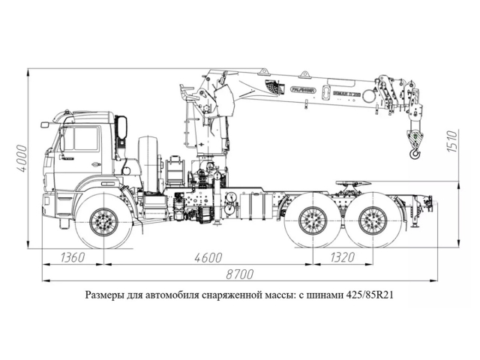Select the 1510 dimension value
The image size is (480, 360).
pos(452,140)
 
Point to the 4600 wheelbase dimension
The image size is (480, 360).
pos(208,258)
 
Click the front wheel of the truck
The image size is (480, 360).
pos(103,222)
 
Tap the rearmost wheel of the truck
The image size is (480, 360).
pos(372,221)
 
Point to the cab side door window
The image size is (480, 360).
pos(82,139)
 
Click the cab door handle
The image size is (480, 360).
pos(95,164)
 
